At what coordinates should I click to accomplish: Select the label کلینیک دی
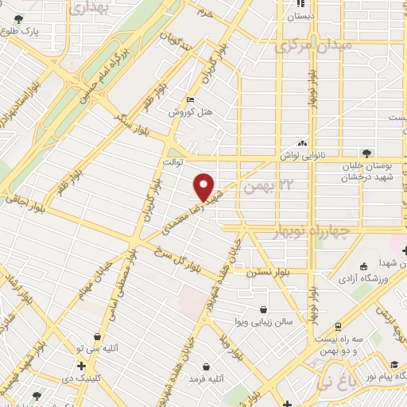[x=79, y=378]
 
